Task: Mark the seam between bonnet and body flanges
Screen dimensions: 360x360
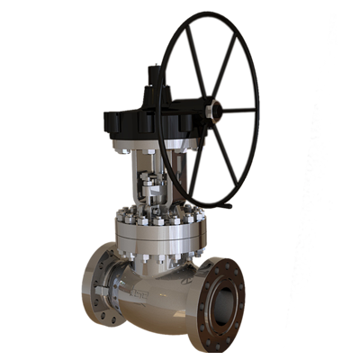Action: click(162, 245)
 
